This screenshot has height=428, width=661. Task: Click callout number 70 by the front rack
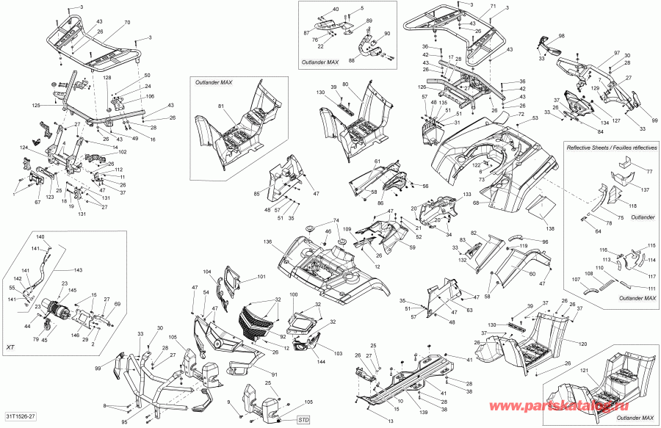(x=127, y=23)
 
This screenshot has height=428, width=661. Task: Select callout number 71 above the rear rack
(x=494, y=7)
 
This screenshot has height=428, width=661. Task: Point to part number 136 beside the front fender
(x=267, y=242)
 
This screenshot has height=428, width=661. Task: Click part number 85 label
(x=257, y=194)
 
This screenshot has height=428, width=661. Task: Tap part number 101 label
(x=261, y=278)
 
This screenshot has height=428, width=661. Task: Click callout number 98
(x=561, y=36)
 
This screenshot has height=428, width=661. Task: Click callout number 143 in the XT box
(x=79, y=270)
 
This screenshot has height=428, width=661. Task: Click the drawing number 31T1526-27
(x=21, y=418)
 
